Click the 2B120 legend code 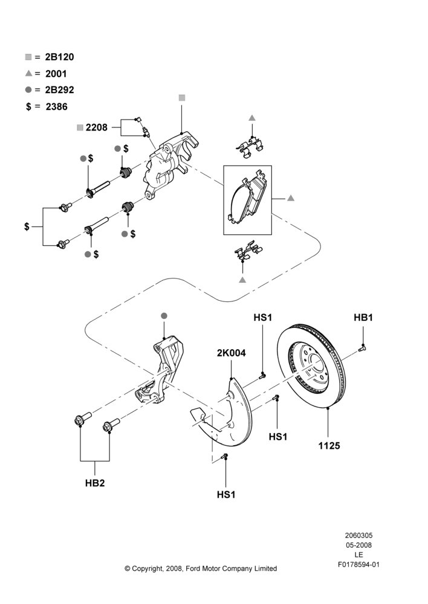pyautogui.click(x=59, y=57)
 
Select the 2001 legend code pyautogui.click(x=56, y=74)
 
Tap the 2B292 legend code pyautogui.click(x=59, y=90)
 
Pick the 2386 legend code pyautogui.click(x=56, y=107)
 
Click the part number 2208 pyautogui.click(x=96, y=127)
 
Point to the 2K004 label pyautogui.click(x=232, y=353)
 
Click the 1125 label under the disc pyautogui.click(x=329, y=446)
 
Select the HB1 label pyautogui.click(x=363, y=318)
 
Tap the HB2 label pyautogui.click(x=95, y=483)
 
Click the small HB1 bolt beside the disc pyautogui.click(x=362, y=349)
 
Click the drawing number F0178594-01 pyautogui.click(x=358, y=565)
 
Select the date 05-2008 pyautogui.click(x=358, y=545)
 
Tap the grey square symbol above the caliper pyautogui.click(x=182, y=98)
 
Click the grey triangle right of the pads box pyautogui.click(x=291, y=198)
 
